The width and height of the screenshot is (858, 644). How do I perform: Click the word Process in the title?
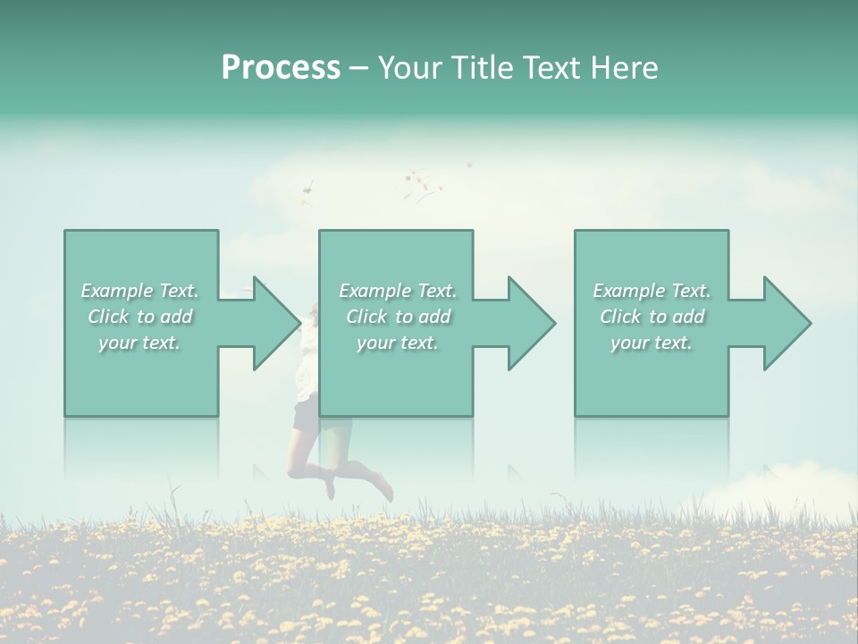click(281, 68)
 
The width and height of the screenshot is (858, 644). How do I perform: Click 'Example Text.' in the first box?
click(140, 291)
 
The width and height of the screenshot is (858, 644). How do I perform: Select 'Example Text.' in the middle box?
click(398, 291)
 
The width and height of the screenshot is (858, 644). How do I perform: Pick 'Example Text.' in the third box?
click(652, 291)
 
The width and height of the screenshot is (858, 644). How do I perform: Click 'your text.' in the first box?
click(140, 343)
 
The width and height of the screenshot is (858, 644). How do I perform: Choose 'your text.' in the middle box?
click(398, 343)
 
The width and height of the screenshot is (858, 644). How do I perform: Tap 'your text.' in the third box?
click(652, 343)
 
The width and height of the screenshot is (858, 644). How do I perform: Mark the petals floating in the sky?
click(420, 183)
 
